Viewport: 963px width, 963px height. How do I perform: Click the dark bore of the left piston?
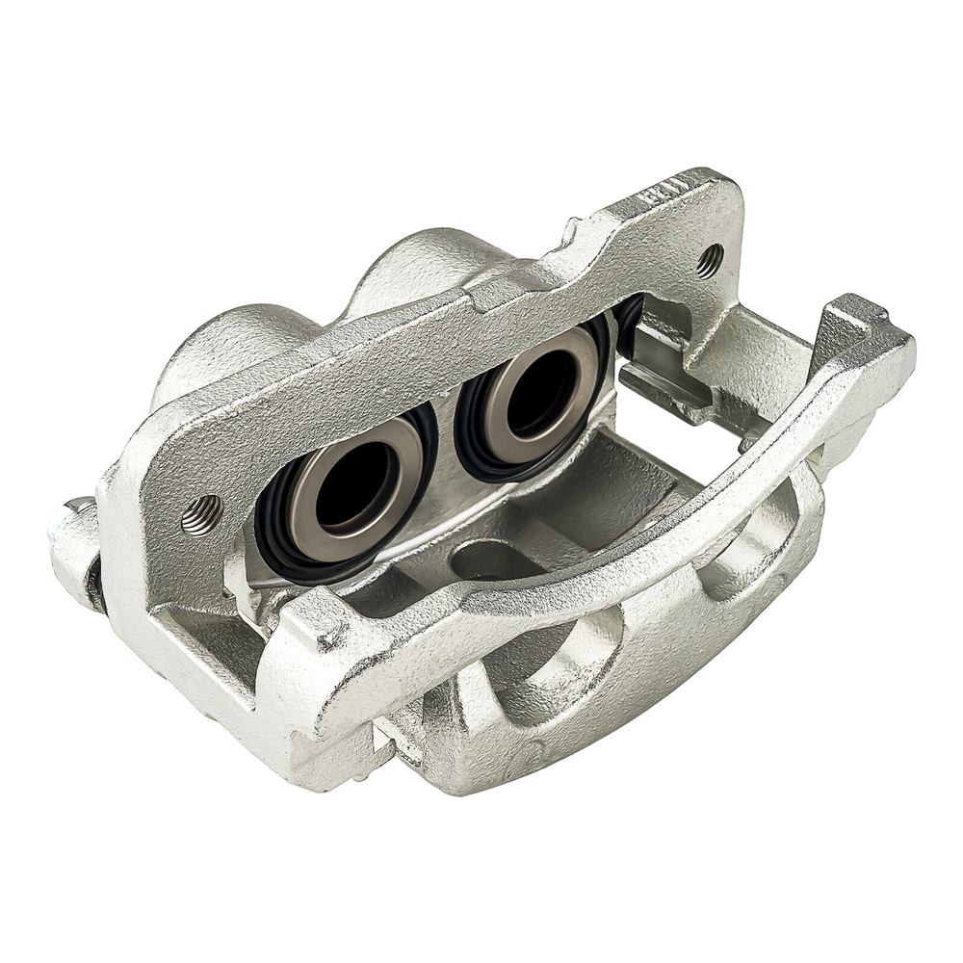click(x=351, y=486)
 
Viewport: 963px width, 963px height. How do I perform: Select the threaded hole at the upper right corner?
click(x=710, y=260)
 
